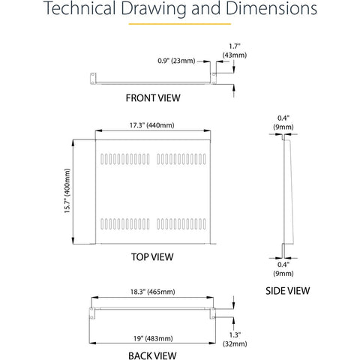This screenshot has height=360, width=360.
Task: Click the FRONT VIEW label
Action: click(153, 98)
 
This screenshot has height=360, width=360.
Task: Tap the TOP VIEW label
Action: click(152, 257)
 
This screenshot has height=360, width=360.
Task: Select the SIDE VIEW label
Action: click(287, 291)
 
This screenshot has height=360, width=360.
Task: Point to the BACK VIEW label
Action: click(152, 355)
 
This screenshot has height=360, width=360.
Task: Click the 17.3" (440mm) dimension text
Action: click(151, 125)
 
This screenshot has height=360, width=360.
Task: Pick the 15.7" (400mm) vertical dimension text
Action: click(67, 190)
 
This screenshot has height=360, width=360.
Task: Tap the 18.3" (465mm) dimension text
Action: click(152, 292)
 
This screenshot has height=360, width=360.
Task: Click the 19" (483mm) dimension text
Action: click(153, 338)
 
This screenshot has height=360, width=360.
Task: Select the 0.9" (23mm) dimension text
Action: click(176, 61)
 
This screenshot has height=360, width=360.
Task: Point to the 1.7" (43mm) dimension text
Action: click(235, 51)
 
